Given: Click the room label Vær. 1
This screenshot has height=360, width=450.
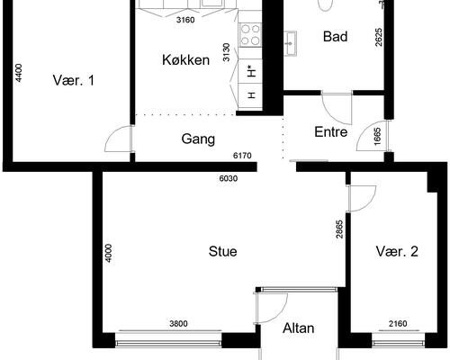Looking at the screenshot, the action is (x=74, y=80).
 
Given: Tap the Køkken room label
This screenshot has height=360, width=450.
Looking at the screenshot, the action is (x=185, y=60).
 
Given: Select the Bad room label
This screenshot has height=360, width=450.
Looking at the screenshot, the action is (x=336, y=37).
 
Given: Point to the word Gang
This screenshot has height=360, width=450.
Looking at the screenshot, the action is (x=198, y=139).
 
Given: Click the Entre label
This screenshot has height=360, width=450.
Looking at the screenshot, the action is (x=331, y=132).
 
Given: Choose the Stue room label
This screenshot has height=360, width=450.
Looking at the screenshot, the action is (x=222, y=251).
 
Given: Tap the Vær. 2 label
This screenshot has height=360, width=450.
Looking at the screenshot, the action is (x=397, y=251).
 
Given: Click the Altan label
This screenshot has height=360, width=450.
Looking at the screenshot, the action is (x=299, y=328).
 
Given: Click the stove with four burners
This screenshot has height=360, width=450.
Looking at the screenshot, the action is (x=250, y=35).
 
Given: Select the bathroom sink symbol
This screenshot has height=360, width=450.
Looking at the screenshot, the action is (x=291, y=43).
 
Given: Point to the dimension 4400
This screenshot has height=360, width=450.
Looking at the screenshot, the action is (x=19, y=73).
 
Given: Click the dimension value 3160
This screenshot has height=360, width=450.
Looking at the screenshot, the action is (x=185, y=20).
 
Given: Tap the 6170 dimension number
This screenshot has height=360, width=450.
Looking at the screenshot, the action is (x=242, y=156).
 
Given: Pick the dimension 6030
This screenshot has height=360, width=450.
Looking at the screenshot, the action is (x=229, y=178).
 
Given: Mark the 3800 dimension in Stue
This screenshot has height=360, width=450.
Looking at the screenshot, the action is (x=178, y=324).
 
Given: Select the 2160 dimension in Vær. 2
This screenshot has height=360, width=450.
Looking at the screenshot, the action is (x=398, y=324).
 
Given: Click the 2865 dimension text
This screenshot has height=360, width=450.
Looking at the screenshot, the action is (x=339, y=229).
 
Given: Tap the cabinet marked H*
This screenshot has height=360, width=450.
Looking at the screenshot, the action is (x=250, y=72).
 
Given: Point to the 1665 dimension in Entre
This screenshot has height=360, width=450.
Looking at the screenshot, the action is (x=377, y=137).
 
